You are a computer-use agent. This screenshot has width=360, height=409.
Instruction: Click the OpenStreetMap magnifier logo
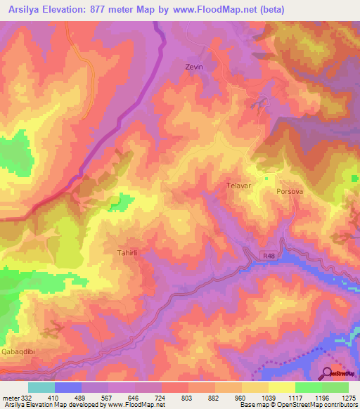click(x=328, y=373)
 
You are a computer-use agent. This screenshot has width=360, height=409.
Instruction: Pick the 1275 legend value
click(x=349, y=397)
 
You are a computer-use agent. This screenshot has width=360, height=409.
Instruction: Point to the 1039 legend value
click(x=268, y=397)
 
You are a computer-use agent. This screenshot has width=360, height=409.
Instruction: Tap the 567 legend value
click(x=107, y=397)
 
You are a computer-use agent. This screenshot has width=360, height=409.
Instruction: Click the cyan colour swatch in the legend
click(x=41, y=387)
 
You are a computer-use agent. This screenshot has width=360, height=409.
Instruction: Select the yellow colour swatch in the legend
click(x=281, y=387)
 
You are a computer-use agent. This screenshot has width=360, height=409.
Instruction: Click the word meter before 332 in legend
click(x=10, y=397)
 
